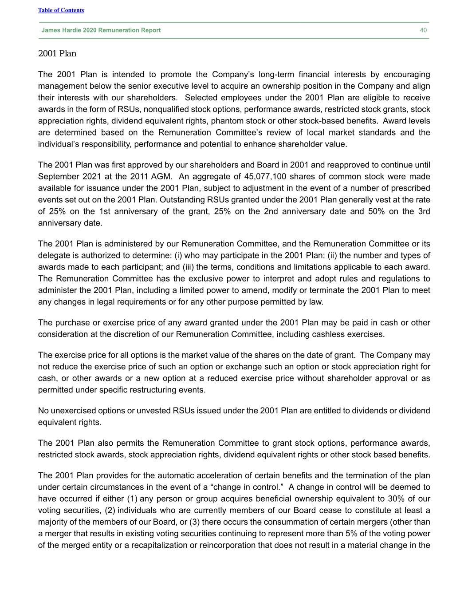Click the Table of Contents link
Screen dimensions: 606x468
pos(61,10)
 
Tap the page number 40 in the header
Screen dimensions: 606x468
pos(423,30)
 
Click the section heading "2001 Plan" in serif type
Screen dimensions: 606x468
pos(57,54)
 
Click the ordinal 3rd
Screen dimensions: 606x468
pos(424,211)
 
